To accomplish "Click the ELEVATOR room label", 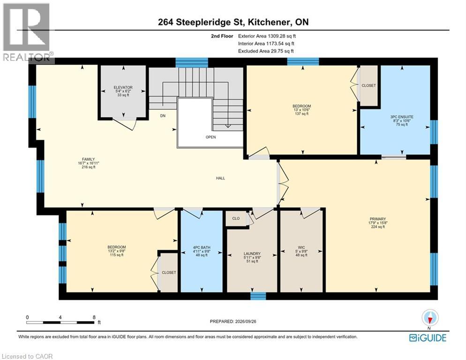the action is click(123, 87).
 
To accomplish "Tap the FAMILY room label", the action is click(88, 159).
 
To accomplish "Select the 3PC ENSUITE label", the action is click(402, 117).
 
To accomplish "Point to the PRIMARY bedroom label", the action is click(378, 219).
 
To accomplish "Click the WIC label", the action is click(301, 247).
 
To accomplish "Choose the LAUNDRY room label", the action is click(252, 254).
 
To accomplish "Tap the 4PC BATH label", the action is click(202, 247).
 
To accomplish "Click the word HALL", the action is click(220, 178).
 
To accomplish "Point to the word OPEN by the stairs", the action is click(210, 137).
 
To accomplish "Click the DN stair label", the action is click(163, 116).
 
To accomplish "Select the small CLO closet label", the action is click(236, 218).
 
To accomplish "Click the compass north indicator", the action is click(430, 319).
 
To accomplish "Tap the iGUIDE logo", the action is click(428, 337).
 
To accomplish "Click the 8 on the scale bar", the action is click(94, 317).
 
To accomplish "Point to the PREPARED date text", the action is click(233, 322).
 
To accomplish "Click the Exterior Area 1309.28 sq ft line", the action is click(267, 36).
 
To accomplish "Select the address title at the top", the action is click(233, 22).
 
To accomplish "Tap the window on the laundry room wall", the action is click(258, 296).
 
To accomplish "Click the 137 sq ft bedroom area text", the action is click(301, 114).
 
